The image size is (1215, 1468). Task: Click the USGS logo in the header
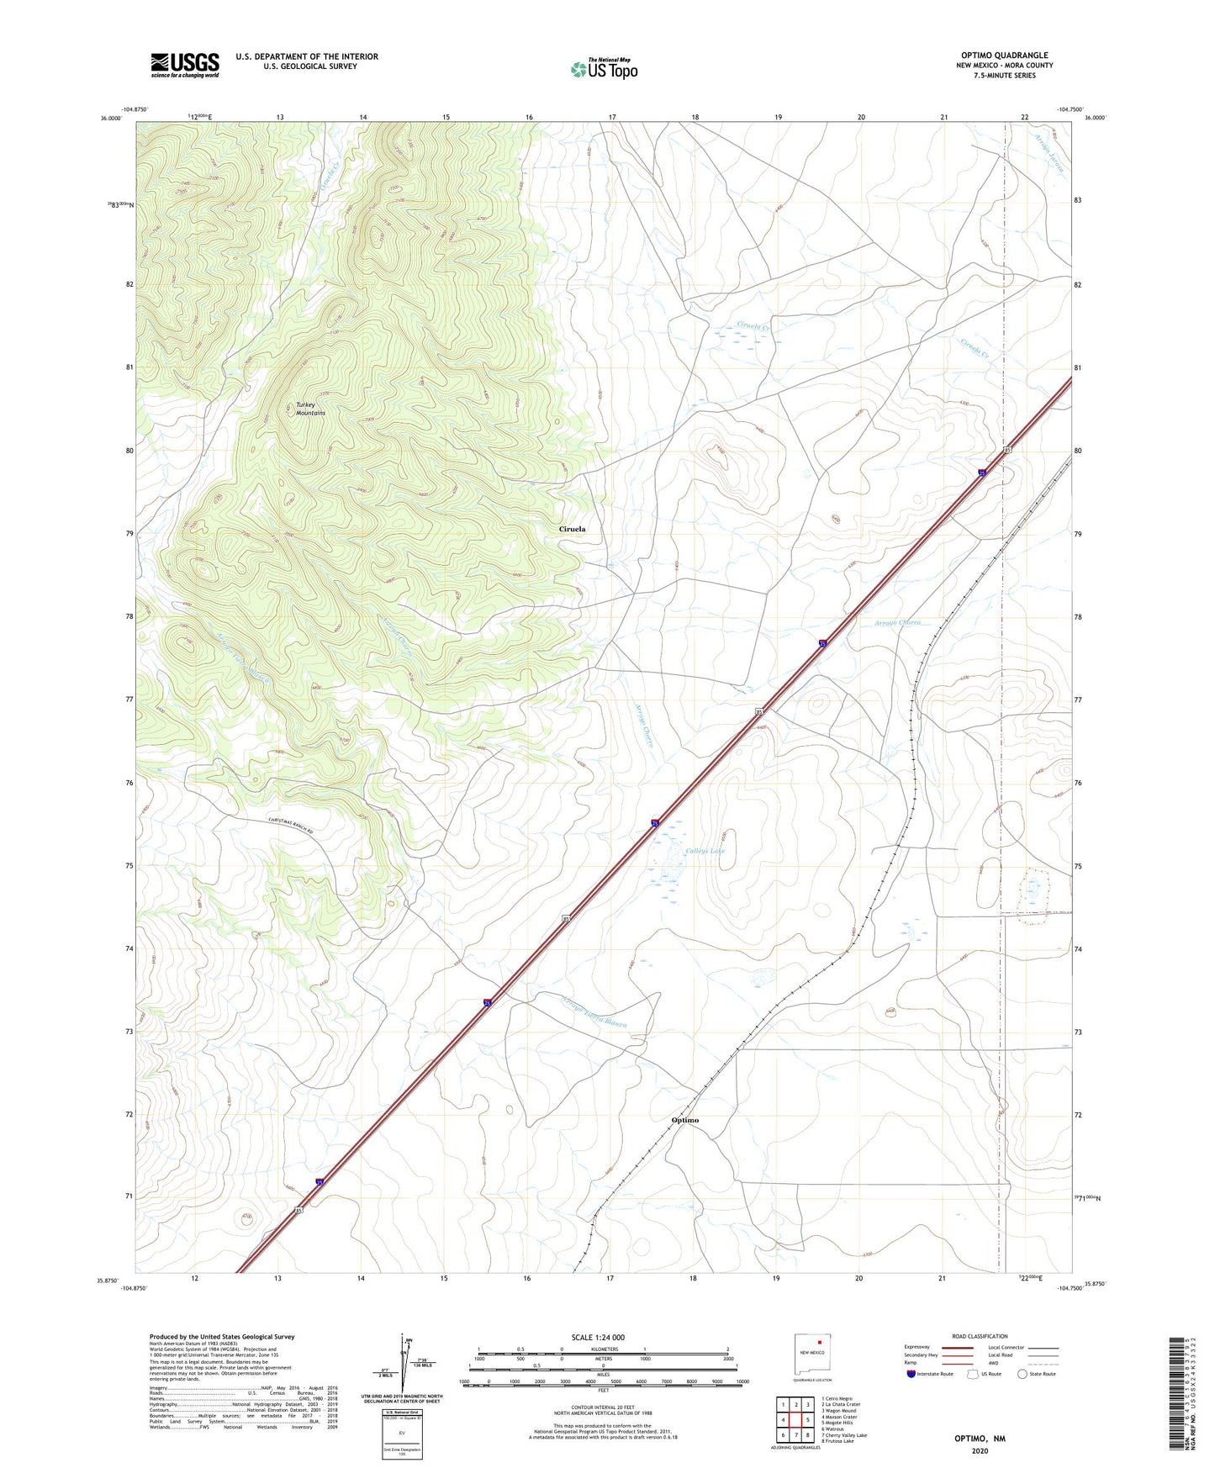click(185, 65)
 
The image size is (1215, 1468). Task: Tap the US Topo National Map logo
click(603, 68)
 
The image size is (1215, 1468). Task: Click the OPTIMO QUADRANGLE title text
click(1004, 55)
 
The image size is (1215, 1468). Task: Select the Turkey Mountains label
click(310, 409)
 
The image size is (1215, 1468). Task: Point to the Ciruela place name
click(572, 529)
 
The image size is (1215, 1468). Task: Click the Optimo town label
click(685, 1120)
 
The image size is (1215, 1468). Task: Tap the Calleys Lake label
click(705, 851)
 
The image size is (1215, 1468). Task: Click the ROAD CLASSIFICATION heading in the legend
click(980, 1336)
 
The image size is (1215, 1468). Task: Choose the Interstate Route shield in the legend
click(912, 1374)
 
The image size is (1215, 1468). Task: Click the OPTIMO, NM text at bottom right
click(980, 1439)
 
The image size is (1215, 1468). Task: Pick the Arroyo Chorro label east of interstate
click(897, 623)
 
